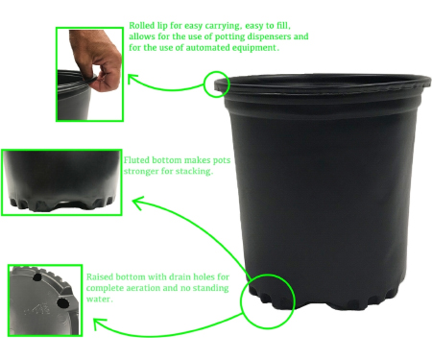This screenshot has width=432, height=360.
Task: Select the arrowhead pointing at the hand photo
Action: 132,79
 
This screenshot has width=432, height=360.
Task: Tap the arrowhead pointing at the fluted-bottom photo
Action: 138,203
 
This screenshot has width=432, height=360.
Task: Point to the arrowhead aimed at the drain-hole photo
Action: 99,324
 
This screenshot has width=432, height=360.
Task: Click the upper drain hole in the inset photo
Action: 38,277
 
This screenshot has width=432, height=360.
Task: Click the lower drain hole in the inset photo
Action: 63,302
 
